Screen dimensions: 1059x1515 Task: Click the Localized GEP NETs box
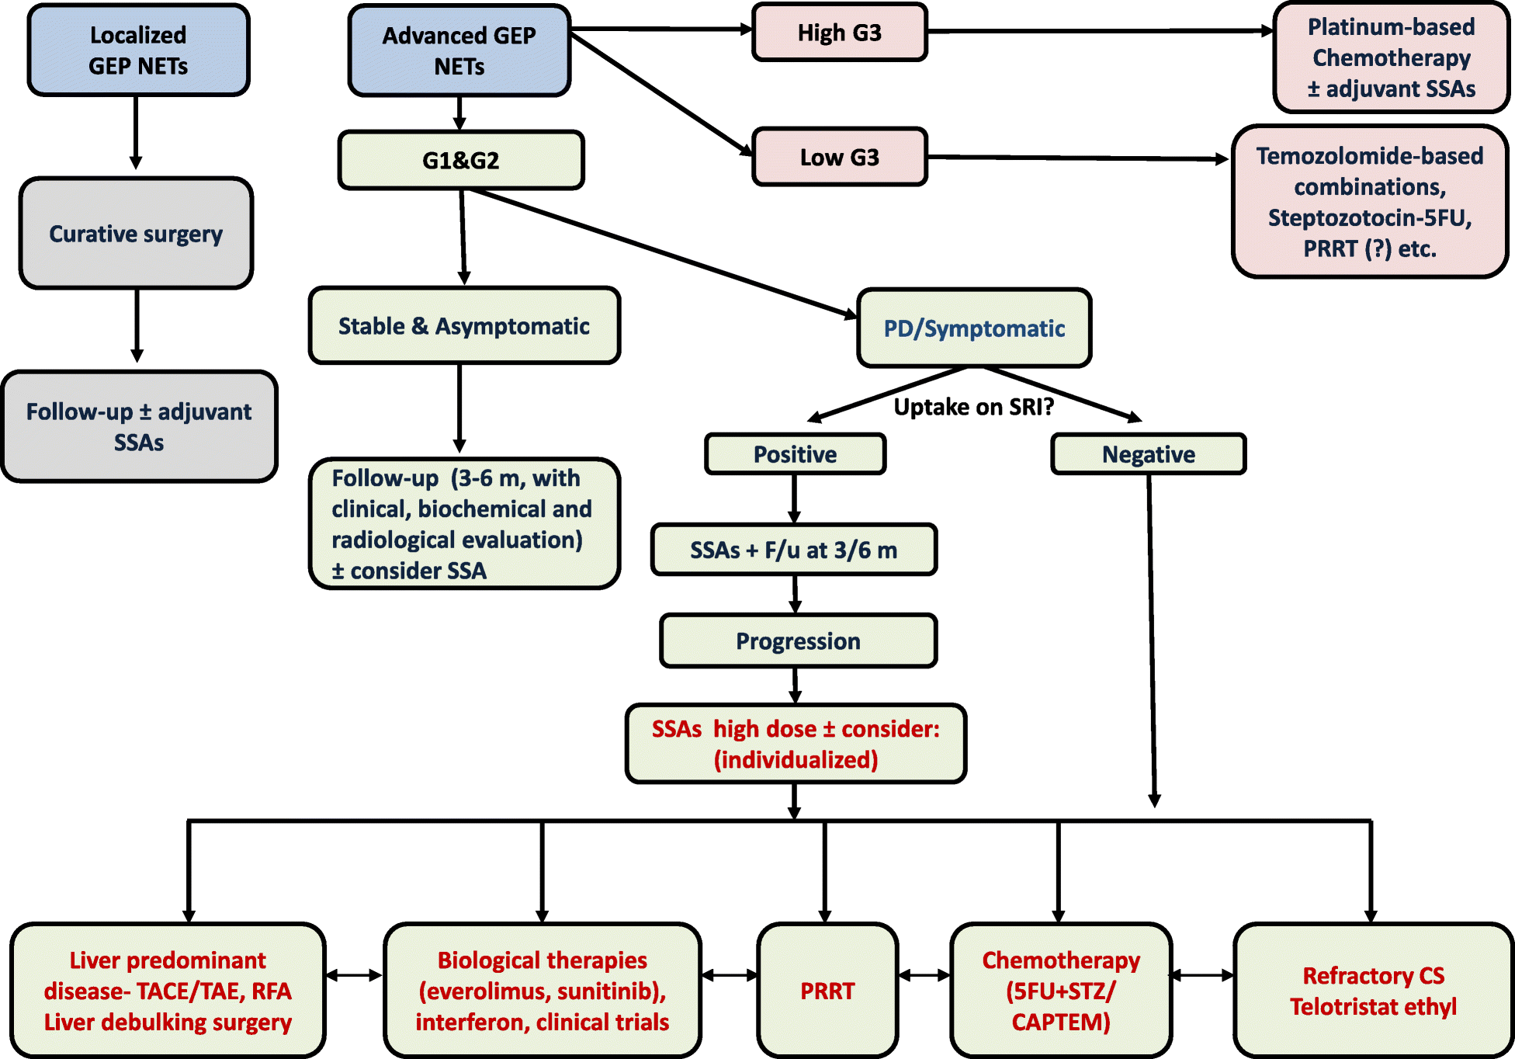(x=138, y=50)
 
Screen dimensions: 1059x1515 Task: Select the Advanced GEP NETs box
(x=459, y=50)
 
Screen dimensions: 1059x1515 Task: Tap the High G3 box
(x=839, y=33)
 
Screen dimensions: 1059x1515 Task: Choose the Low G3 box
(x=839, y=158)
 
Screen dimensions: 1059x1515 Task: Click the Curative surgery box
(x=136, y=234)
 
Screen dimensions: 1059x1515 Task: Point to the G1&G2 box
(x=461, y=161)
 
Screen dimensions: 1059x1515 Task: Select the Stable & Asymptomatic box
(x=464, y=326)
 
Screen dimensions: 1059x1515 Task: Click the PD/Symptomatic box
(x=974, y=328)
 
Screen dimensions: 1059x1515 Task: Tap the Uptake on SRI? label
(x=973, y=407)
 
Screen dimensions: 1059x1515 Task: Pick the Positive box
(x=795, y=454)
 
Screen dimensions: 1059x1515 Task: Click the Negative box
(x=1148, y=454)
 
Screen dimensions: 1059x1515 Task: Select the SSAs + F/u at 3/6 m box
(x=793, y=550)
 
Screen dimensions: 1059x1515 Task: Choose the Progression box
(x=798, y=641)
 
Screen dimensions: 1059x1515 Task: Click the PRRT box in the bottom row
(x=827, y=991)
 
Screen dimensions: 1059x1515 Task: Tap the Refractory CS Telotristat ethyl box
(x=1373, y=991)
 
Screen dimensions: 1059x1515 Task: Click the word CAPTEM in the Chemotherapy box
(x=1061, y=1022)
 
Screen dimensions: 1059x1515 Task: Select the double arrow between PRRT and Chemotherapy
(x=924, y=975)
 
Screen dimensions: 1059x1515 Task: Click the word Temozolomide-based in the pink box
(x=1369, y=156)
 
